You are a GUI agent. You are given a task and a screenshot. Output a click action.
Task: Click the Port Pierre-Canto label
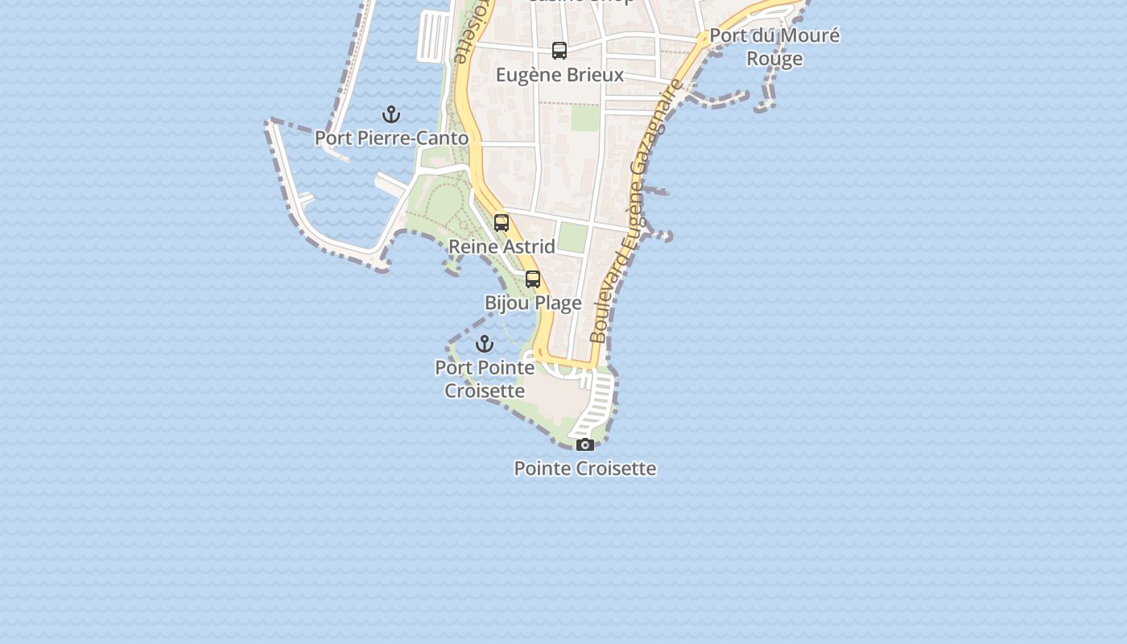(x=391, y=138)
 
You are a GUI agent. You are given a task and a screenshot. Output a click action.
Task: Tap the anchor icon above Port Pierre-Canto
(x=391, y=114)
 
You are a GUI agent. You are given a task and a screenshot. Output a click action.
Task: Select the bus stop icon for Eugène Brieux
(x=559, y=51)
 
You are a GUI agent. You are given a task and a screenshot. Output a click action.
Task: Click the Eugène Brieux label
(x=559, y=75)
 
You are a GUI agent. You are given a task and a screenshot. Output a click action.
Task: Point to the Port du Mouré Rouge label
(x=774, y=47)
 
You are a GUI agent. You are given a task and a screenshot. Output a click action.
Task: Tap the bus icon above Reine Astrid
(x=502, y=223)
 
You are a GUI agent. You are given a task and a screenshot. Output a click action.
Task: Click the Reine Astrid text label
(x=502, y=246)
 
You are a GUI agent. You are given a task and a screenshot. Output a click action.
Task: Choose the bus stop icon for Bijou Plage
(x=533, y=279)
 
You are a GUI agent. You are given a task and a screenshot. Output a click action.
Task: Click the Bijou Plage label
(x=533, y=303)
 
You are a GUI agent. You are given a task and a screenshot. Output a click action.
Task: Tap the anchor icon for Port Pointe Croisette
(x=485, y=345)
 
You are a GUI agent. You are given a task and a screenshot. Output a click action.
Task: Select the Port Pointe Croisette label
(x=485, y=379)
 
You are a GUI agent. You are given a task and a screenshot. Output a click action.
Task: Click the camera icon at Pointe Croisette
(x=585, y=445)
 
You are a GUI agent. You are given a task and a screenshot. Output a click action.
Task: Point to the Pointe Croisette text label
(x=585, y=469)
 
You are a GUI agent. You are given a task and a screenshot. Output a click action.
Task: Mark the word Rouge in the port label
(x=774, y=59)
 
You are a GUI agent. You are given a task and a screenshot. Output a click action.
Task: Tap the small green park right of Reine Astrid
(x=572, y=237)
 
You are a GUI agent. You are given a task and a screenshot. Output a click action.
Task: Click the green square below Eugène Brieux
(x=585, y=118)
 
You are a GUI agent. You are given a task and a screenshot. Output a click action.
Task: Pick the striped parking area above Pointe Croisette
(x=597, y=402)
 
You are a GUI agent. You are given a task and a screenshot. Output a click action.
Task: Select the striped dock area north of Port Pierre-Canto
(x=434, y=36)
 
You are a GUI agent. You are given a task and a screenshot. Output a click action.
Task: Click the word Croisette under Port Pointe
(x=485, y=391)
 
